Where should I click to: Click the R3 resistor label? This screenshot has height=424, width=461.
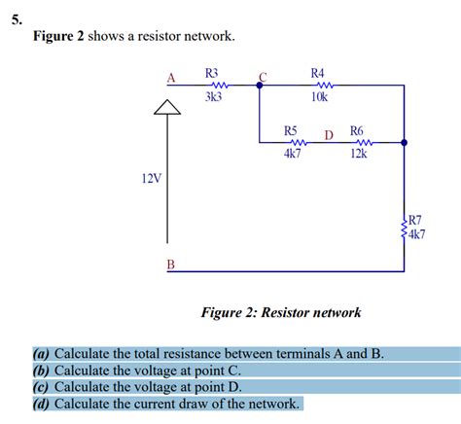(212, 73)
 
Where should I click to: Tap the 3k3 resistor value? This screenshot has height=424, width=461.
(213, 97)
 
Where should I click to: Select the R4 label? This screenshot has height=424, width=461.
(318, 73)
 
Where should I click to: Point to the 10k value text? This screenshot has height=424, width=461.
(319, 97)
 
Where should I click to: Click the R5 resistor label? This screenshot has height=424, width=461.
(291, 130)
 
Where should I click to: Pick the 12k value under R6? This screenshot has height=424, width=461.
(358, 155)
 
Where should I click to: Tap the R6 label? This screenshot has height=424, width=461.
(357, 130)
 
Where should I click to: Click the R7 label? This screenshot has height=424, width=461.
(415, 221)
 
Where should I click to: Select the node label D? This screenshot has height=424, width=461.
(329, 134)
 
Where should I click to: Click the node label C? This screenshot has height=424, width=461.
(262, 77)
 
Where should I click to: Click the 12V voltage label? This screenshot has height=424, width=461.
(151, 179)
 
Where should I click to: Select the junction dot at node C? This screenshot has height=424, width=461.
(259, 86)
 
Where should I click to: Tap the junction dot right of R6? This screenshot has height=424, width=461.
(405, 143)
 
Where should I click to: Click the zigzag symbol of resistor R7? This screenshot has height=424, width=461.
(404, 228)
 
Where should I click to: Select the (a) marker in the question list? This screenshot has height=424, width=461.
(42, 354)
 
